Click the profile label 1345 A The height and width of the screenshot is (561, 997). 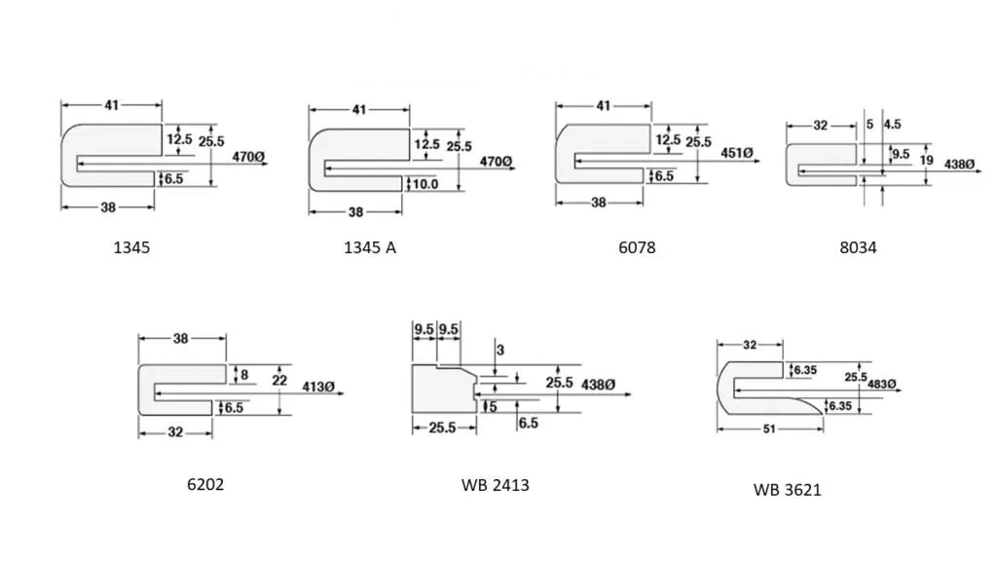pos(369,247)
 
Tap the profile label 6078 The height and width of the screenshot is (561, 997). pos(637,247)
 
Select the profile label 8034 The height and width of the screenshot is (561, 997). pos(858,247)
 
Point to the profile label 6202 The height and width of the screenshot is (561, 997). pos(205,485)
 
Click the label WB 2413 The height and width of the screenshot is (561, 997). pos(496,485)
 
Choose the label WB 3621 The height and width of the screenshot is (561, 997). pos(787,491)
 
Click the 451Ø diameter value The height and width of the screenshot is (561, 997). pos(736,153)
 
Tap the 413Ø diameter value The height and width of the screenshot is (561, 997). pos(318,387)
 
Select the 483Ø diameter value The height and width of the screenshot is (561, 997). pos(882,384)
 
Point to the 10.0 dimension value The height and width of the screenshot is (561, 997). pos(425,184)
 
